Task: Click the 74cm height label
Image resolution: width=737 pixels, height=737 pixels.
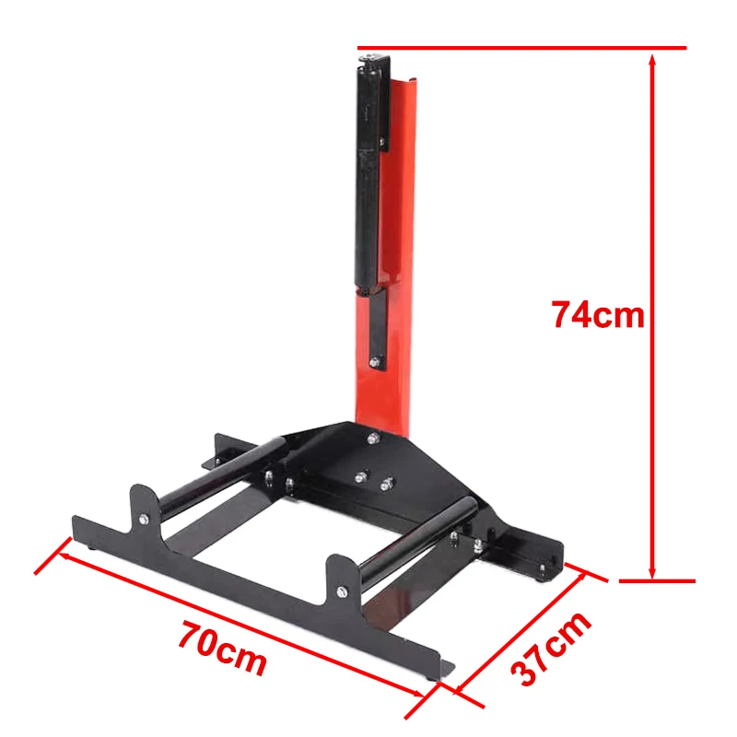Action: [598, 314]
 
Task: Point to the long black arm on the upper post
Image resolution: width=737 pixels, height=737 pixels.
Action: [369, 175]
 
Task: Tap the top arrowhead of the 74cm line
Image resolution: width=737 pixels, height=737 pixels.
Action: [652, 61]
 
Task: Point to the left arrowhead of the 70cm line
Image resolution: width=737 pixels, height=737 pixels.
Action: [65, 553]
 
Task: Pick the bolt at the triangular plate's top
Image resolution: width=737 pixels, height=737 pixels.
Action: [372, 439]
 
